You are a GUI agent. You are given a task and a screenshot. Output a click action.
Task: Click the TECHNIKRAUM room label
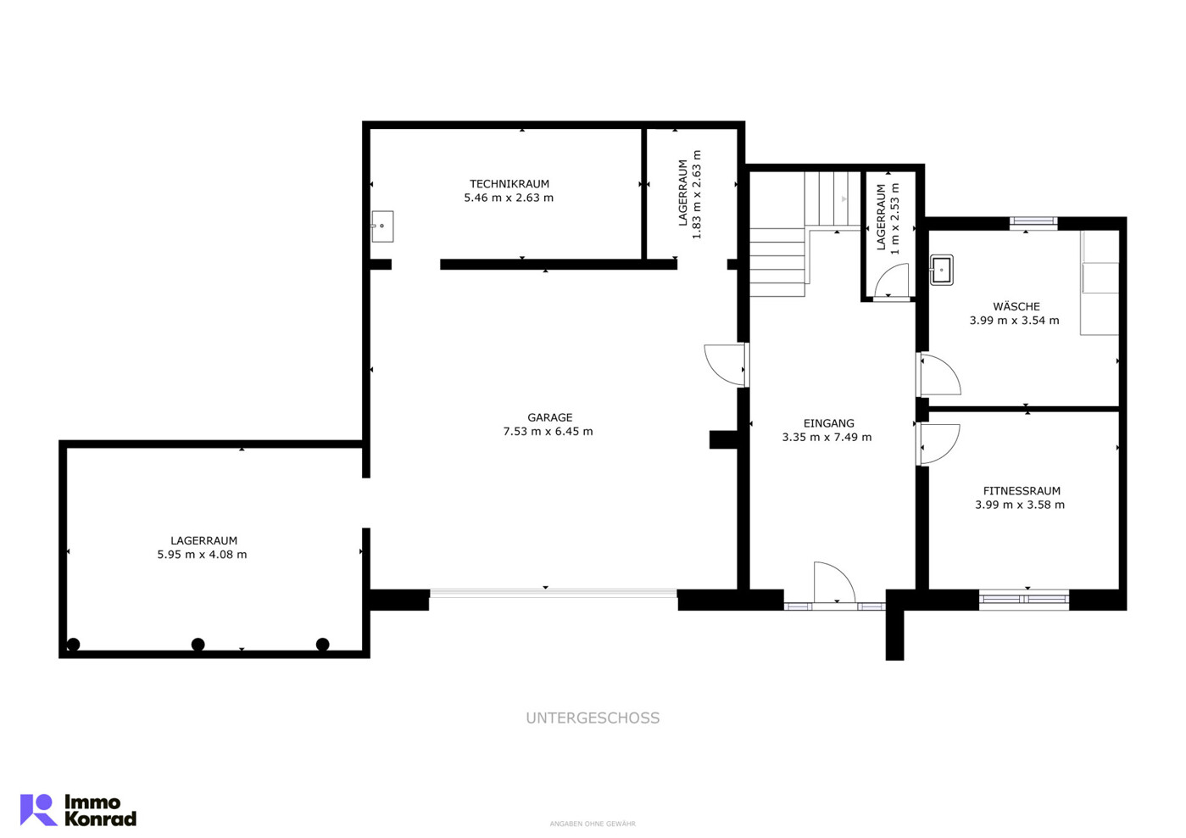tap(509, 184)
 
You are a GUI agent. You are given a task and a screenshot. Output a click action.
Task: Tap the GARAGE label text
tap(549, 417)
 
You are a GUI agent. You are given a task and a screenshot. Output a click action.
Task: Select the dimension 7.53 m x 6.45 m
tap(548, 431)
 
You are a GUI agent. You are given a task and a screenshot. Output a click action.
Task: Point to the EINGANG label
tap(828, 423)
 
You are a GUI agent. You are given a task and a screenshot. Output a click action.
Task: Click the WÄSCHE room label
tap(1016, 306)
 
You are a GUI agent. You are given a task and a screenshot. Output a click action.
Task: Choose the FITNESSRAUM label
tap(1022, 491)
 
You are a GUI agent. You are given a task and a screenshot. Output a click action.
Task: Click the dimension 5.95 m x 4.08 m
tap(202, 555)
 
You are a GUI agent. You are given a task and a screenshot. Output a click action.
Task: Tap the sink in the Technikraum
tap(382, 226)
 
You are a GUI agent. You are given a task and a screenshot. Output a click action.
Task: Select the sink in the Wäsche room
tap(941, 271)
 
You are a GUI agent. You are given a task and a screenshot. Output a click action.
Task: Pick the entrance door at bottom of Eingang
tap(834, 582)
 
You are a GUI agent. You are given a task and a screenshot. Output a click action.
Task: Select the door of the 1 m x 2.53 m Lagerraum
tap(891, 282)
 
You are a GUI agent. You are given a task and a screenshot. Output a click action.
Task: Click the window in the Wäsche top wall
tap(1033, 223)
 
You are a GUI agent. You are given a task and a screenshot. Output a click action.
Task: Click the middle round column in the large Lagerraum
tap(198, 645)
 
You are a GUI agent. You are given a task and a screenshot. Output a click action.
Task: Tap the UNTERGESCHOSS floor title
tap(593, 718)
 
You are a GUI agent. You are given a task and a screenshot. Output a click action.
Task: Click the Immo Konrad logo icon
tap(39, 810)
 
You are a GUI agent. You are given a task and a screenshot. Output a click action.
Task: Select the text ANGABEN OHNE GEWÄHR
tap(593, 824)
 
